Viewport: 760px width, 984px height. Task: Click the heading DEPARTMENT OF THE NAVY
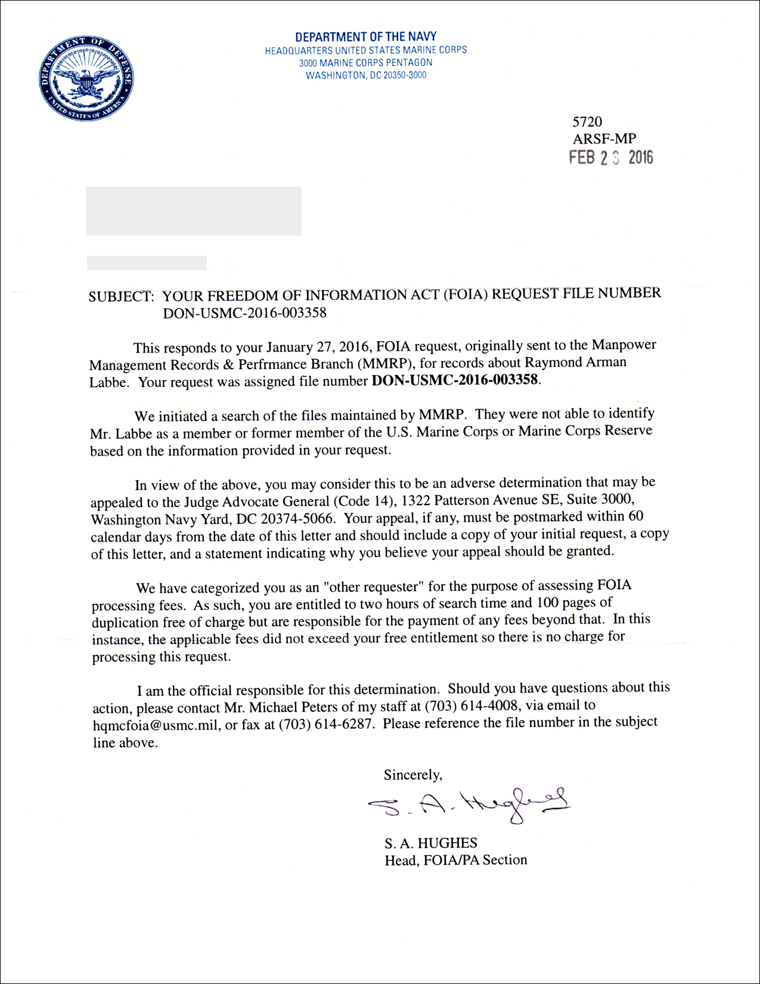(365, 37)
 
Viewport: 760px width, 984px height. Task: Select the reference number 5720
(587, 122)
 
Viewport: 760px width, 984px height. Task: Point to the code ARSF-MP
(604, 139)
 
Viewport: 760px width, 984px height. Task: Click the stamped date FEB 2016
(610, 157)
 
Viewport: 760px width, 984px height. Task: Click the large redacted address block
(193, 211)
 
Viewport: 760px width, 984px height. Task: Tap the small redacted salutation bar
(147, 263)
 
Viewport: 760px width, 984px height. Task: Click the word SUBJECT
(121, 296)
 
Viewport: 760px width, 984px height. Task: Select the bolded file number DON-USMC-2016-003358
(455, 380)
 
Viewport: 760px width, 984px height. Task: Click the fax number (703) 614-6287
(327, 725)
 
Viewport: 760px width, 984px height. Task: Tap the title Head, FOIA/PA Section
(455, 860)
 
